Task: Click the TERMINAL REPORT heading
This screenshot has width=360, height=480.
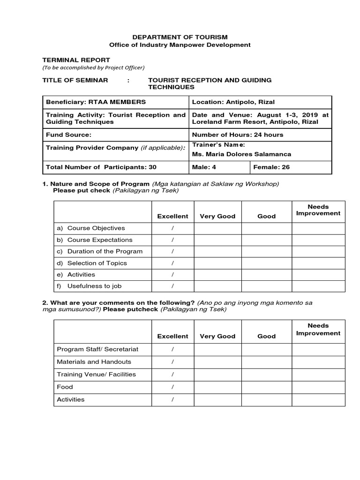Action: [x=76, y=60]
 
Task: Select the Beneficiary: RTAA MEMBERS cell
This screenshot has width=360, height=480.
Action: [x=96, y=102]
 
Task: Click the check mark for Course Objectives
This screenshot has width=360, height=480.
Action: [x=172, y=228]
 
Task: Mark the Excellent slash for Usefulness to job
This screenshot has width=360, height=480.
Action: [x=172, y=286]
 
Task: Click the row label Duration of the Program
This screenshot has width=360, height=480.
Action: [x=105, y=251]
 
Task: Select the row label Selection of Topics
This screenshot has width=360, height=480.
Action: [x=97, y=263]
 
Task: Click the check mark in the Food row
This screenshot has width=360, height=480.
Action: [x=172, y=387]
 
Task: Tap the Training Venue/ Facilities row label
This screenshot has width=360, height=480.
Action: [x=96, y=375]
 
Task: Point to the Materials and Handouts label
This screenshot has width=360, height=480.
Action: [x=94, y=362]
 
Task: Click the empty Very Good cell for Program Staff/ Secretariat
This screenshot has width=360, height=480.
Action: [x=217, y=349]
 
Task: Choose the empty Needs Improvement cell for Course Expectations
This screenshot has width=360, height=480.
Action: [x=318, y=240]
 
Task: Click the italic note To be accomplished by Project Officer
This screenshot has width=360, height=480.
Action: [x=94, y=67]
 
